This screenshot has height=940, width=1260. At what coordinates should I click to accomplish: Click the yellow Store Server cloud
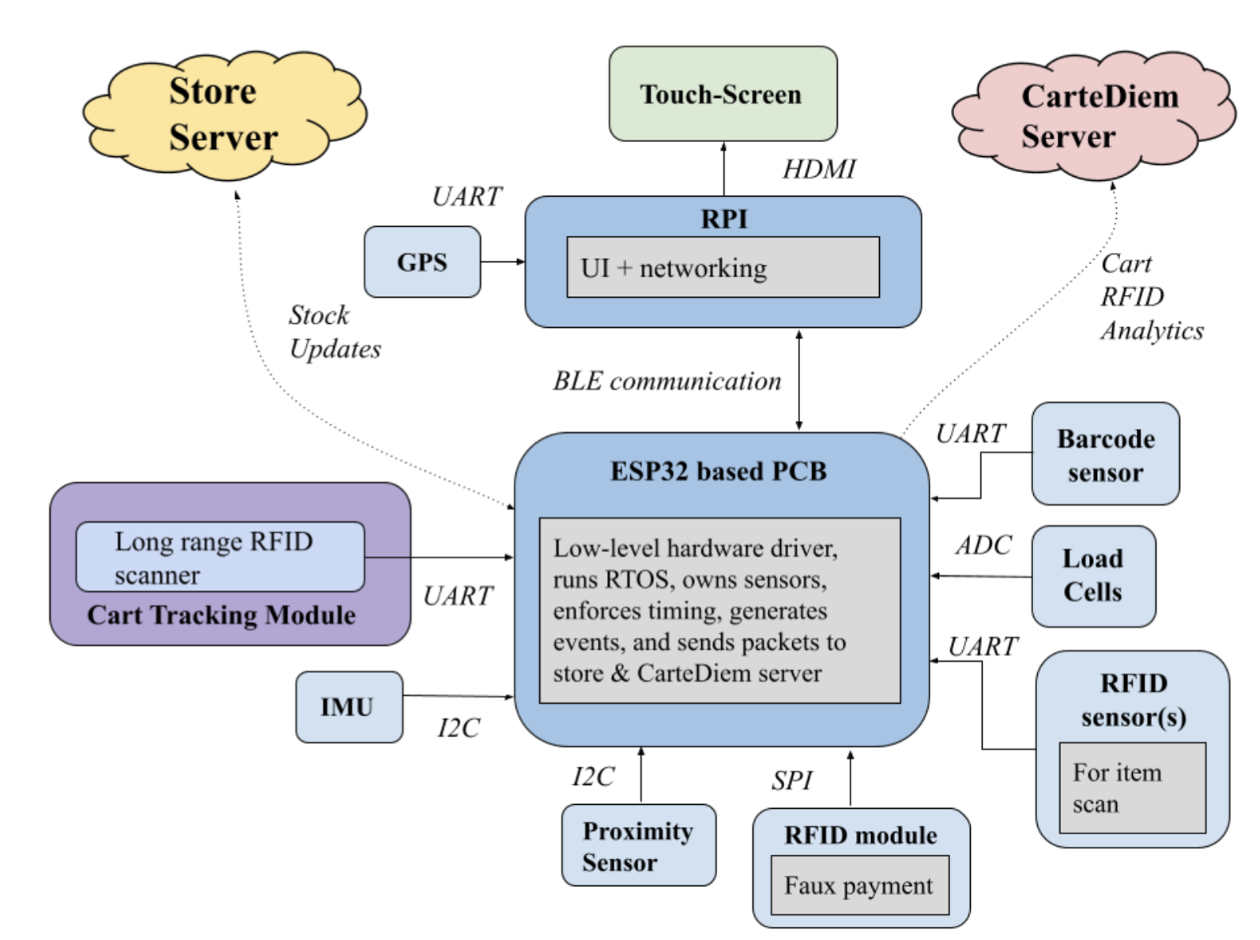tap(223, 115)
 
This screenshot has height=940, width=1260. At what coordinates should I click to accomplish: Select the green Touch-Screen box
tap(722, 94)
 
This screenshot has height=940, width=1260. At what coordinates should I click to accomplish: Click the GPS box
tap(422, 262)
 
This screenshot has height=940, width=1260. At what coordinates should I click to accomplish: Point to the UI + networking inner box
tap(722, 268)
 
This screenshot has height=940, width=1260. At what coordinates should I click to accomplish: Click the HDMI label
tap(819, 169)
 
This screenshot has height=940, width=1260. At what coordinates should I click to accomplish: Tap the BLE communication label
tap(666, 381)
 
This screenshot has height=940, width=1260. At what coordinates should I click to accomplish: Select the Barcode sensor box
tap(1105, 455)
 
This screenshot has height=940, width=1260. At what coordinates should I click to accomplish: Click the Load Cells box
tap(1092, 576)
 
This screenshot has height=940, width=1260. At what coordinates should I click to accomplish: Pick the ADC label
tap(983, 545)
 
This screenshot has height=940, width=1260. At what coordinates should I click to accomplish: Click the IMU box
tap(349, 707)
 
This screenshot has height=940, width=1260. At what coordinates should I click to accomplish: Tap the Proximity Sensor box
tap(638, 846)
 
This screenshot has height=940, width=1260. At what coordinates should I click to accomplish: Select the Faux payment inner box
tap(859, 885)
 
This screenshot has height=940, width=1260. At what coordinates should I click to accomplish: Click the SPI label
tap(791, 780)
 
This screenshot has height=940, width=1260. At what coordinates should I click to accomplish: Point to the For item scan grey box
tap(1131, 788)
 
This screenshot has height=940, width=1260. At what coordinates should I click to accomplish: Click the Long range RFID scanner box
tap(220, 557)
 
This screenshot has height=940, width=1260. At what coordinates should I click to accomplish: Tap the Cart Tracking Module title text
tap(221, 615)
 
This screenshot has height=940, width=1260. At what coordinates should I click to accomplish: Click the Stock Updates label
tap(334, 332)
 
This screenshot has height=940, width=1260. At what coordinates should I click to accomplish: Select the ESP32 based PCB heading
tap(719, 472)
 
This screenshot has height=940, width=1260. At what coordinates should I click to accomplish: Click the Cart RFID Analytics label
tap(1151, 297)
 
